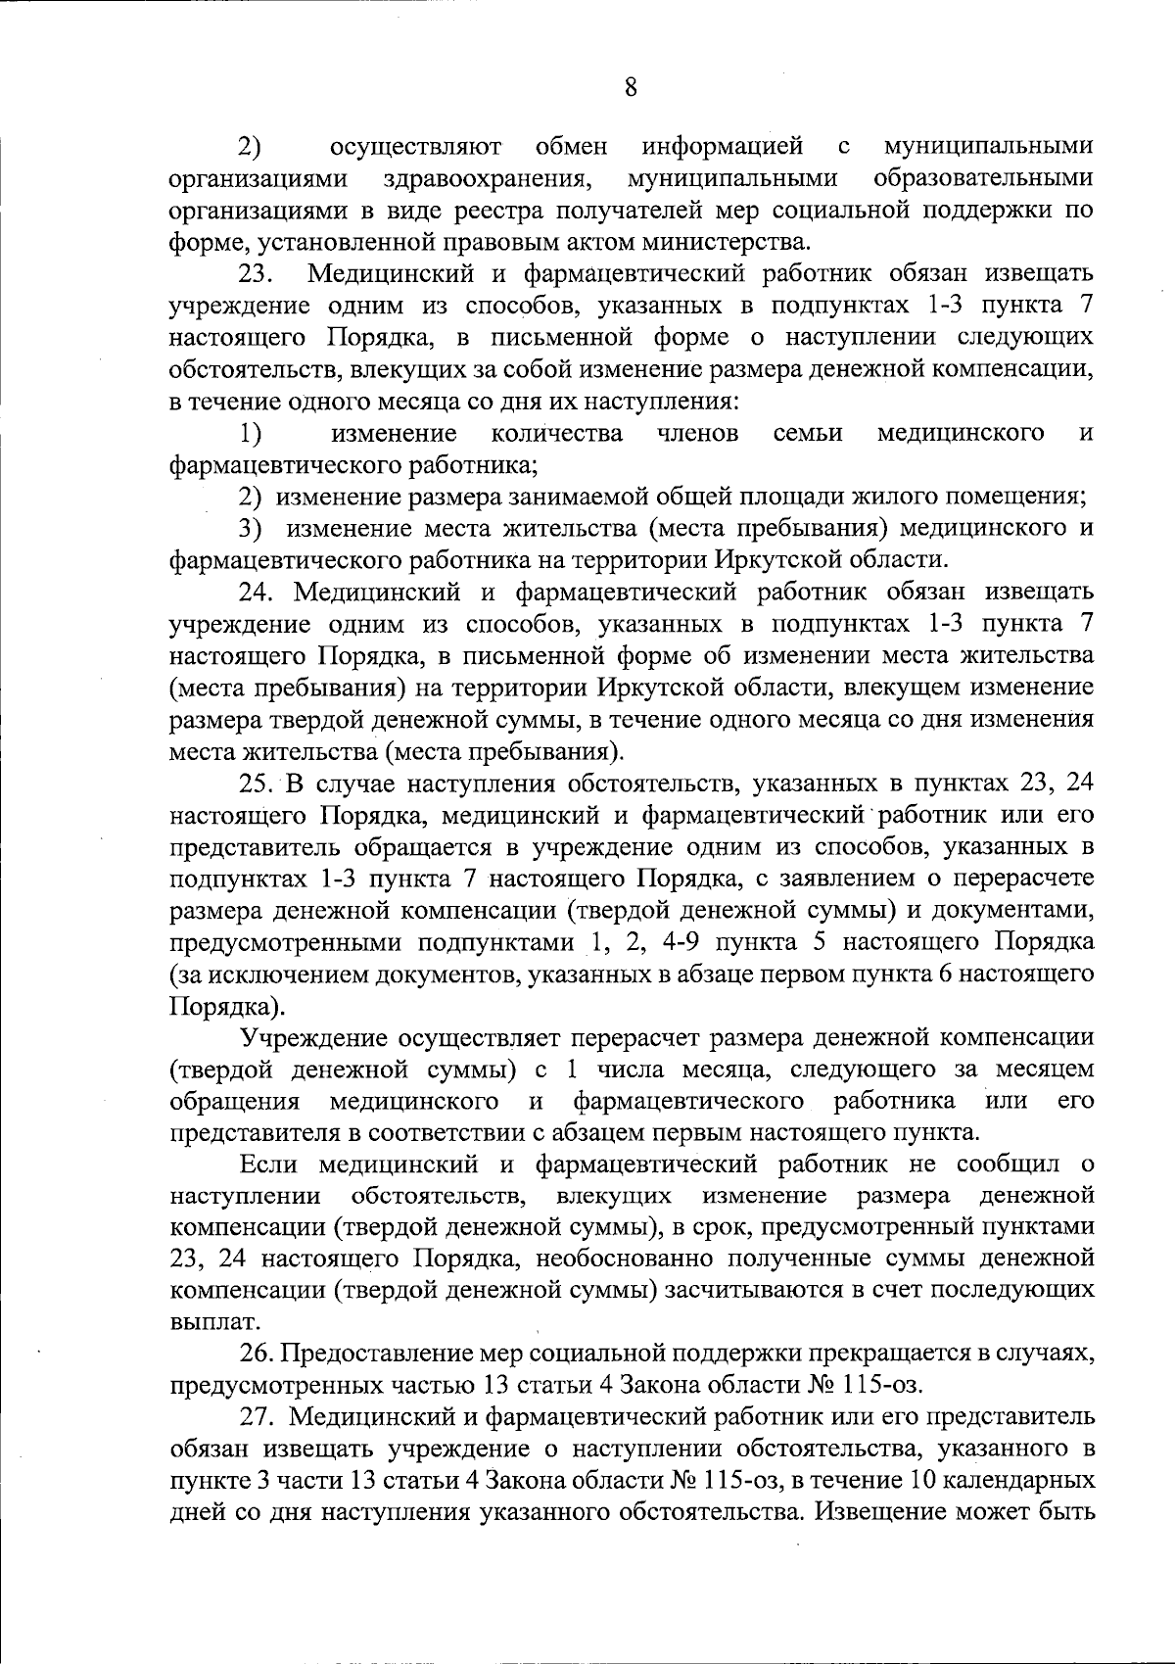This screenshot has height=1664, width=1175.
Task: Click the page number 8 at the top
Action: pos(630,87)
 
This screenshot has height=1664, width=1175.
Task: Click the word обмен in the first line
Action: pos(571,147)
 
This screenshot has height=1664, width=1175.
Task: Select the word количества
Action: pos(556,433)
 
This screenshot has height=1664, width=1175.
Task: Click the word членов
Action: pos(697,433)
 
